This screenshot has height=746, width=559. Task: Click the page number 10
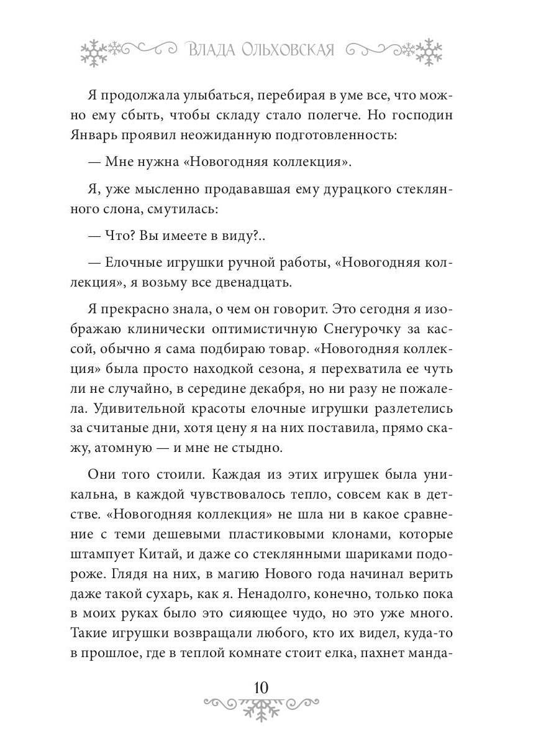tap(261, 688)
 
